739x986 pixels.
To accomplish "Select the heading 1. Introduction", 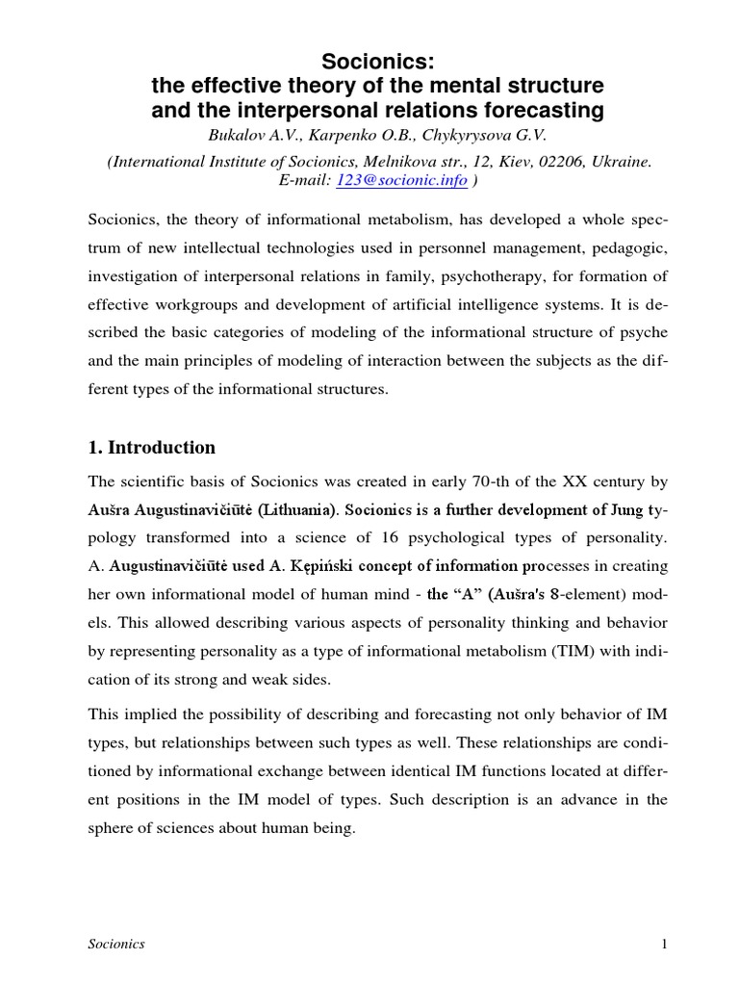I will [152, 448].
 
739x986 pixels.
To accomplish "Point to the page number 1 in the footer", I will [663, 945].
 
